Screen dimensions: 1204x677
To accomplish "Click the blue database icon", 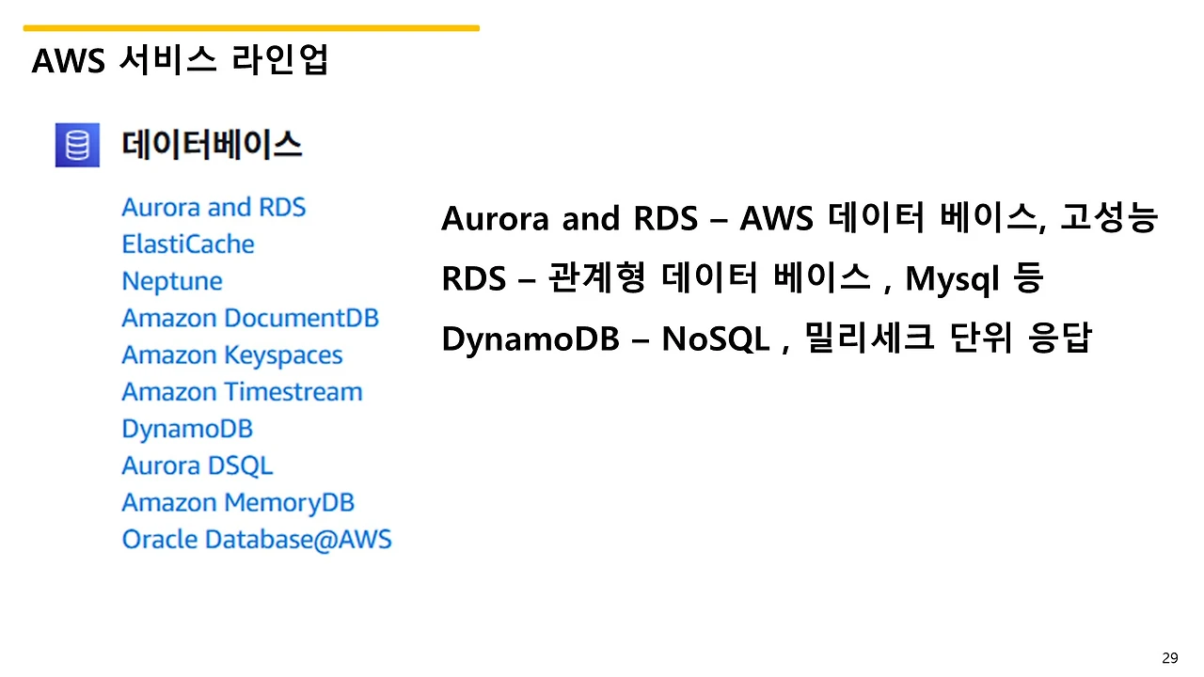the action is tap(77, 145).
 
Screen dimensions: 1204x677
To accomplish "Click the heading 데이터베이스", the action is tap(212, 145).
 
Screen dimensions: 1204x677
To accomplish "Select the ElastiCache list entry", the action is tap(188, 244).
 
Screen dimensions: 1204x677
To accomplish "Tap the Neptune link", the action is tap(172, 281).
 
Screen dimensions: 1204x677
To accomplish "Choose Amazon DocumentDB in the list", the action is tap(250, 318).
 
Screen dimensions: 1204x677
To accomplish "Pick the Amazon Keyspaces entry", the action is tap(232, 355).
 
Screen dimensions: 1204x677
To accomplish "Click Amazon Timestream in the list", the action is tap(243, 392).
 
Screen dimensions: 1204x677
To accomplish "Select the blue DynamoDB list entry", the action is tap(187, 430).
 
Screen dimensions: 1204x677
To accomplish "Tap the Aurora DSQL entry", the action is tap(198, 465).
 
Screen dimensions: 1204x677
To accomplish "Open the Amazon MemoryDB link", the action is tap(238, 503).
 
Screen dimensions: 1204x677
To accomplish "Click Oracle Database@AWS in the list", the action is tap(257, 540).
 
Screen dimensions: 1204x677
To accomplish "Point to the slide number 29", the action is tap(1170, 657).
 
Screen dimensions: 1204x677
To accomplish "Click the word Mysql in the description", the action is tap(953, 279).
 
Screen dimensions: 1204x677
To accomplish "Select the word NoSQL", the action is tap(716, 339).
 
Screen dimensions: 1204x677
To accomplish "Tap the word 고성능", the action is tap(1109, 217).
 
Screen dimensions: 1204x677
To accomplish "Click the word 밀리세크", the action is tap(869, 338).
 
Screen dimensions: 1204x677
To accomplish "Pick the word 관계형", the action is tap(596, 277).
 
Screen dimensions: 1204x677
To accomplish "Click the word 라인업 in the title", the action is tap(279, 59).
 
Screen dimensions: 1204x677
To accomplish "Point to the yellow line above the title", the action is tap(251, 28).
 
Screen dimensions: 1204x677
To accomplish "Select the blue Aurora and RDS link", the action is tap(214, 208).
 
